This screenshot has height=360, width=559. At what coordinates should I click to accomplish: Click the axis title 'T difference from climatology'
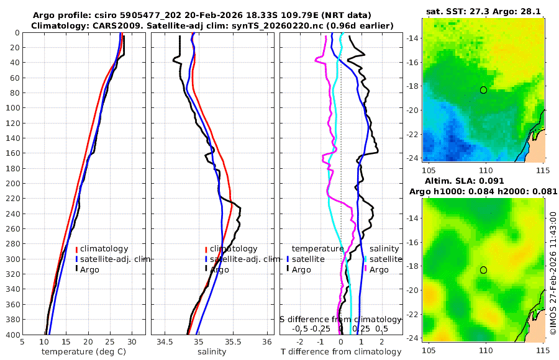(x=340, y=352)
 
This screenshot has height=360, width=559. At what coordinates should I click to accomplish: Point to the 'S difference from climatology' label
(x=341, y=319)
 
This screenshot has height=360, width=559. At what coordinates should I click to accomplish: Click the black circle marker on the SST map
(x=483, y=90)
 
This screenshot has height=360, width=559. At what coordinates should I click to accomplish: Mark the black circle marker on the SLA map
(x=483, y=270)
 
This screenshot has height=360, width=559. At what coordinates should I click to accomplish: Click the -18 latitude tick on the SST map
(x=411, y=89)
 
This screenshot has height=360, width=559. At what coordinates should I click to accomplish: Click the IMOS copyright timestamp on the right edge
(x=553, y=273)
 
